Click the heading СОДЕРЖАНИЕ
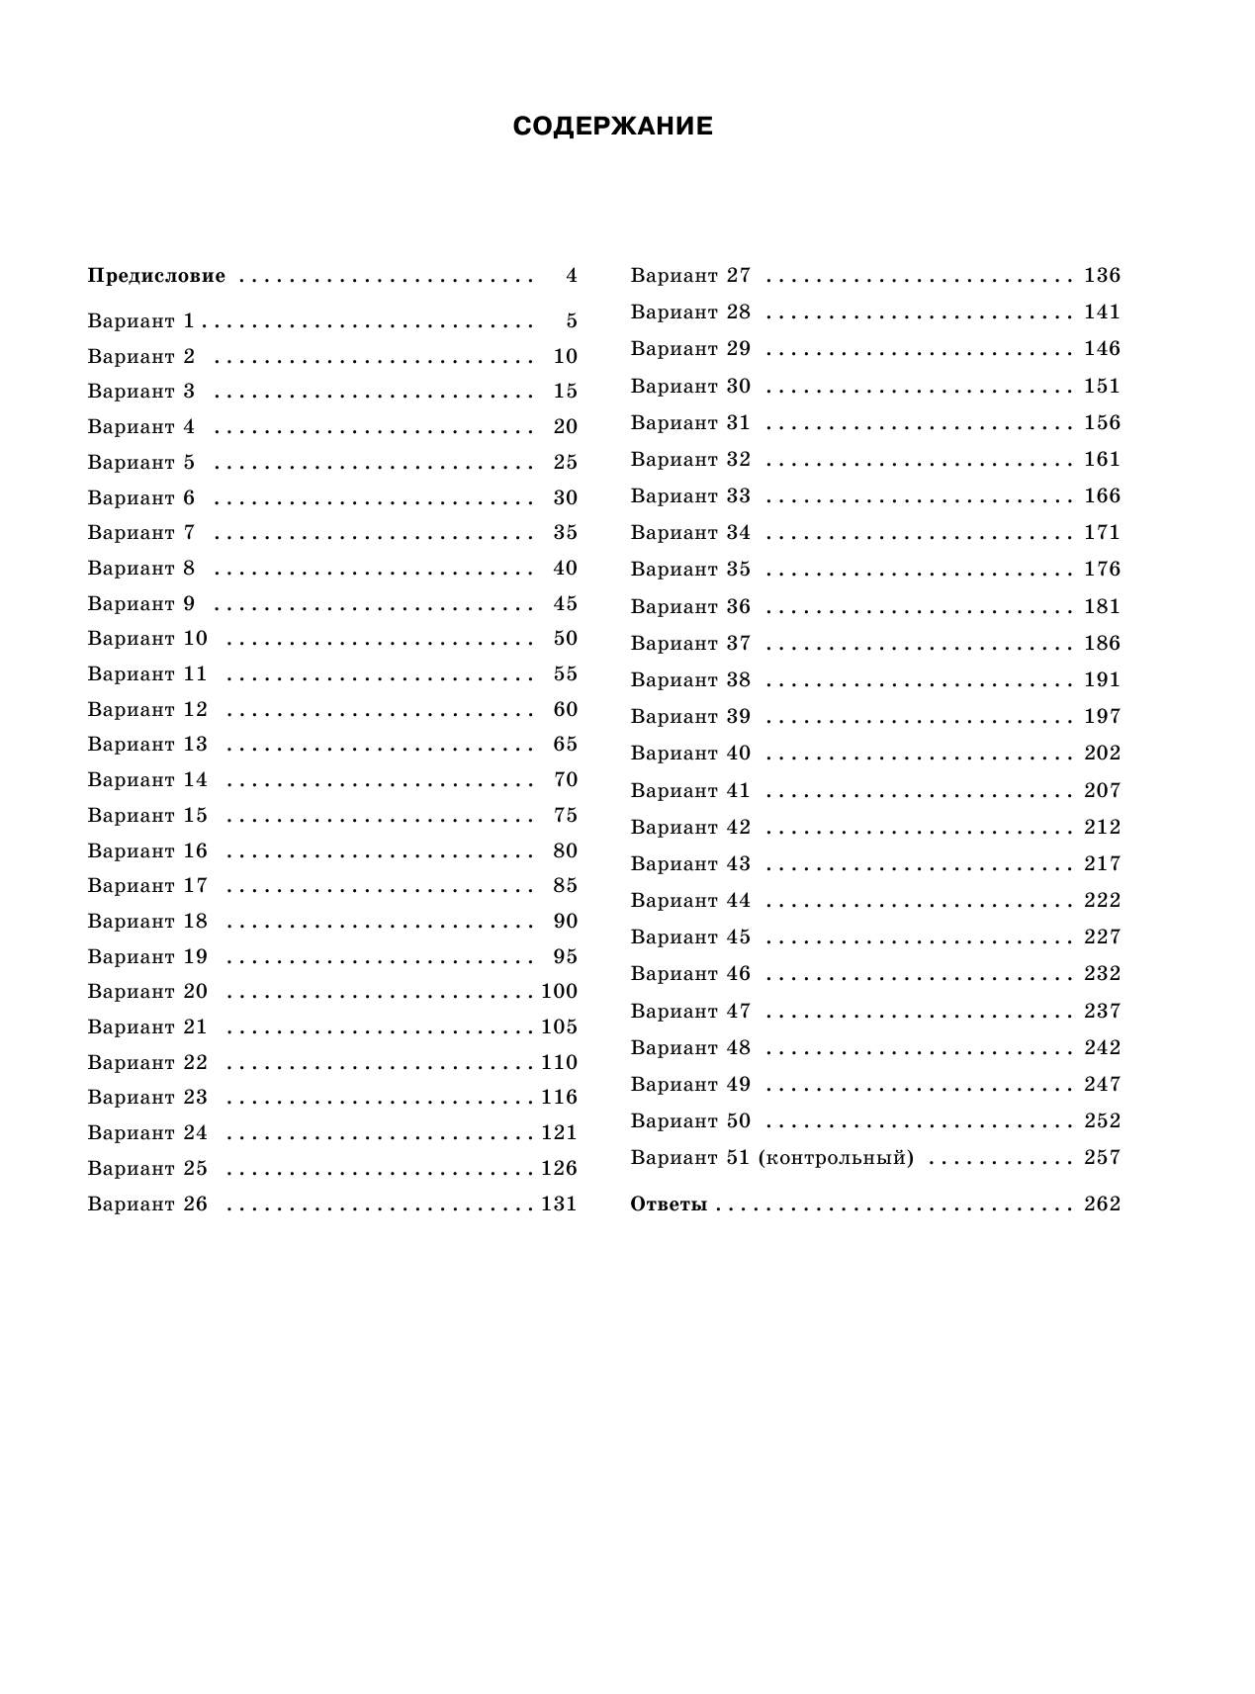[612, 127]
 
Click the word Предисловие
[156, 276]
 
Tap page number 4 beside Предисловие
[572, 276]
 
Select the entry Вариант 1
[140, 320]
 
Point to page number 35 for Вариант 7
[565, 532]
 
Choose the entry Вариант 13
[147, 744]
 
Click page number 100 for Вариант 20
[559, 991]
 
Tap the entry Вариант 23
[147, 1097]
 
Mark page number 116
[559, 1097]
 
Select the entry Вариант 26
[147, 1204]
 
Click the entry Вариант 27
[690, 275]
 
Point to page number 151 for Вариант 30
[1102, 386]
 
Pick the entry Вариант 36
[690, 606]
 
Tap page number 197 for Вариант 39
[1102, 716]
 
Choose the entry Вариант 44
[690, 900]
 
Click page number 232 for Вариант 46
[1102, 973]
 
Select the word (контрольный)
[836, 1157]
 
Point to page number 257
[1102, 1157]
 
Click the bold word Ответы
[669, 1204]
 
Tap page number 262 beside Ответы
[1102, 1204]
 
